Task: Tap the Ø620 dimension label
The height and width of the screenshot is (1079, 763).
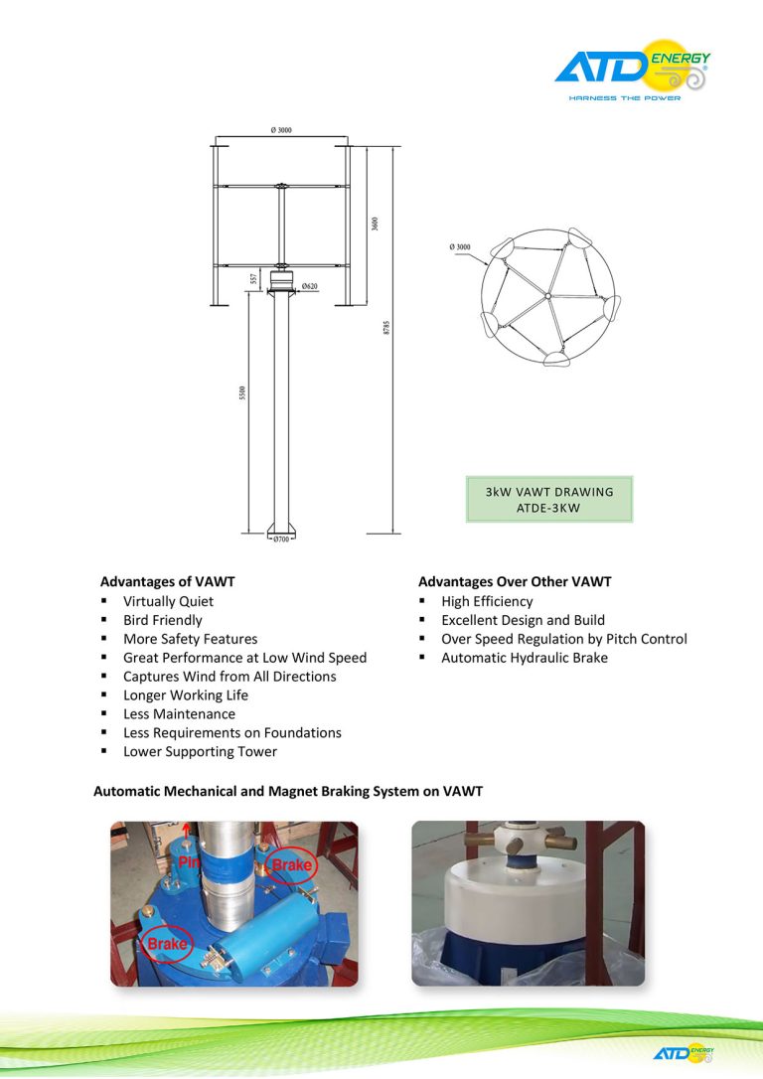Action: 310,286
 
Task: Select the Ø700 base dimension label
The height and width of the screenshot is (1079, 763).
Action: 281,539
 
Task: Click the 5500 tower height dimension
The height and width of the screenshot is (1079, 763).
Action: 241,393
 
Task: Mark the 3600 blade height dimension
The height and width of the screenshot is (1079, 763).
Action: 375,224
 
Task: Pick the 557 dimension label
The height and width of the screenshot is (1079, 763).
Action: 254,279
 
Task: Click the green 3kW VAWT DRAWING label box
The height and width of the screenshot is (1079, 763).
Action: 549,500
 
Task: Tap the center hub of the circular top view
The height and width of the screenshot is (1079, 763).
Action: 547,295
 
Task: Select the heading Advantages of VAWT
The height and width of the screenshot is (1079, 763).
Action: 167,581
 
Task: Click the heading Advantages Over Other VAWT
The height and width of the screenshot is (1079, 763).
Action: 515,581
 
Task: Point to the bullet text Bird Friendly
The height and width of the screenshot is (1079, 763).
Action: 162,620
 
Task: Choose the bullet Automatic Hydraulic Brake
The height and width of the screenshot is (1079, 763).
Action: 524,658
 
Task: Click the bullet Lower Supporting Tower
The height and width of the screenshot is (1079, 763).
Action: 200,751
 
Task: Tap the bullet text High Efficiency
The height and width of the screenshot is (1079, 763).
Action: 487,601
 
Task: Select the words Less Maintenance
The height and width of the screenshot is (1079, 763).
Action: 179,713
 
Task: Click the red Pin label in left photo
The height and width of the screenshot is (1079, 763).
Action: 189,861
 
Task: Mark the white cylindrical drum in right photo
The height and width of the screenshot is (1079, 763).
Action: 507,899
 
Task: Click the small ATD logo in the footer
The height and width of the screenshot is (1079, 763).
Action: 684,1052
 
